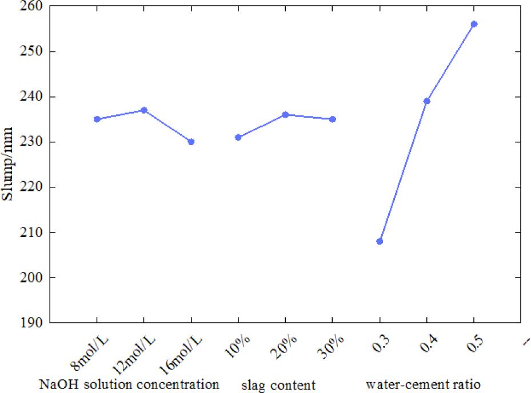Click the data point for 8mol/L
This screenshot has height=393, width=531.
pos(97,119)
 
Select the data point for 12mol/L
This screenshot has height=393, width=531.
pos(144,110)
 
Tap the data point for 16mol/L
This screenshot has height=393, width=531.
pos(191,142)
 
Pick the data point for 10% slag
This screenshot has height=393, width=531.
pos(238,137)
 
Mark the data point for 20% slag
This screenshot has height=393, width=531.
pos(285,114)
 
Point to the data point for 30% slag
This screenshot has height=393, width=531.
pos(333,119)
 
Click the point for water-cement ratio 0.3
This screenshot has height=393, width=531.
pos(380,241)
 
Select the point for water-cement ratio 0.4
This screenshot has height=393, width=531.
pos(426,101)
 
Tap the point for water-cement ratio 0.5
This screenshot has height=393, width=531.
pos(474,24)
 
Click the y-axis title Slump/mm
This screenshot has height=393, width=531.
pos(10,165)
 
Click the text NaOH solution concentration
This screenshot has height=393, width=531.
pos(129,383)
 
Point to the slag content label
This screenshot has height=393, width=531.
pos(278,384)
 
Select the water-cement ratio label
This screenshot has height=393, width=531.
pos(422,383)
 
